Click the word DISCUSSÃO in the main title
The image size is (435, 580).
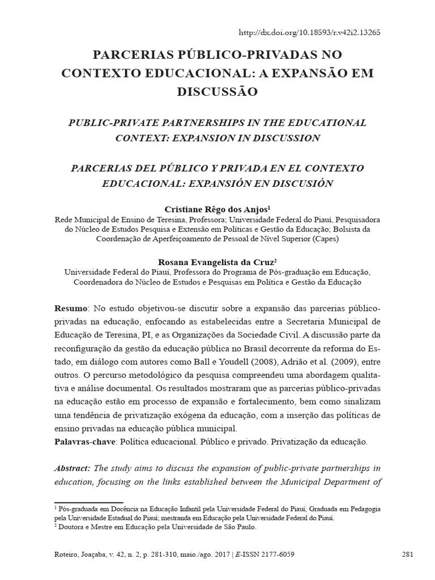(x=217, y=91)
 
